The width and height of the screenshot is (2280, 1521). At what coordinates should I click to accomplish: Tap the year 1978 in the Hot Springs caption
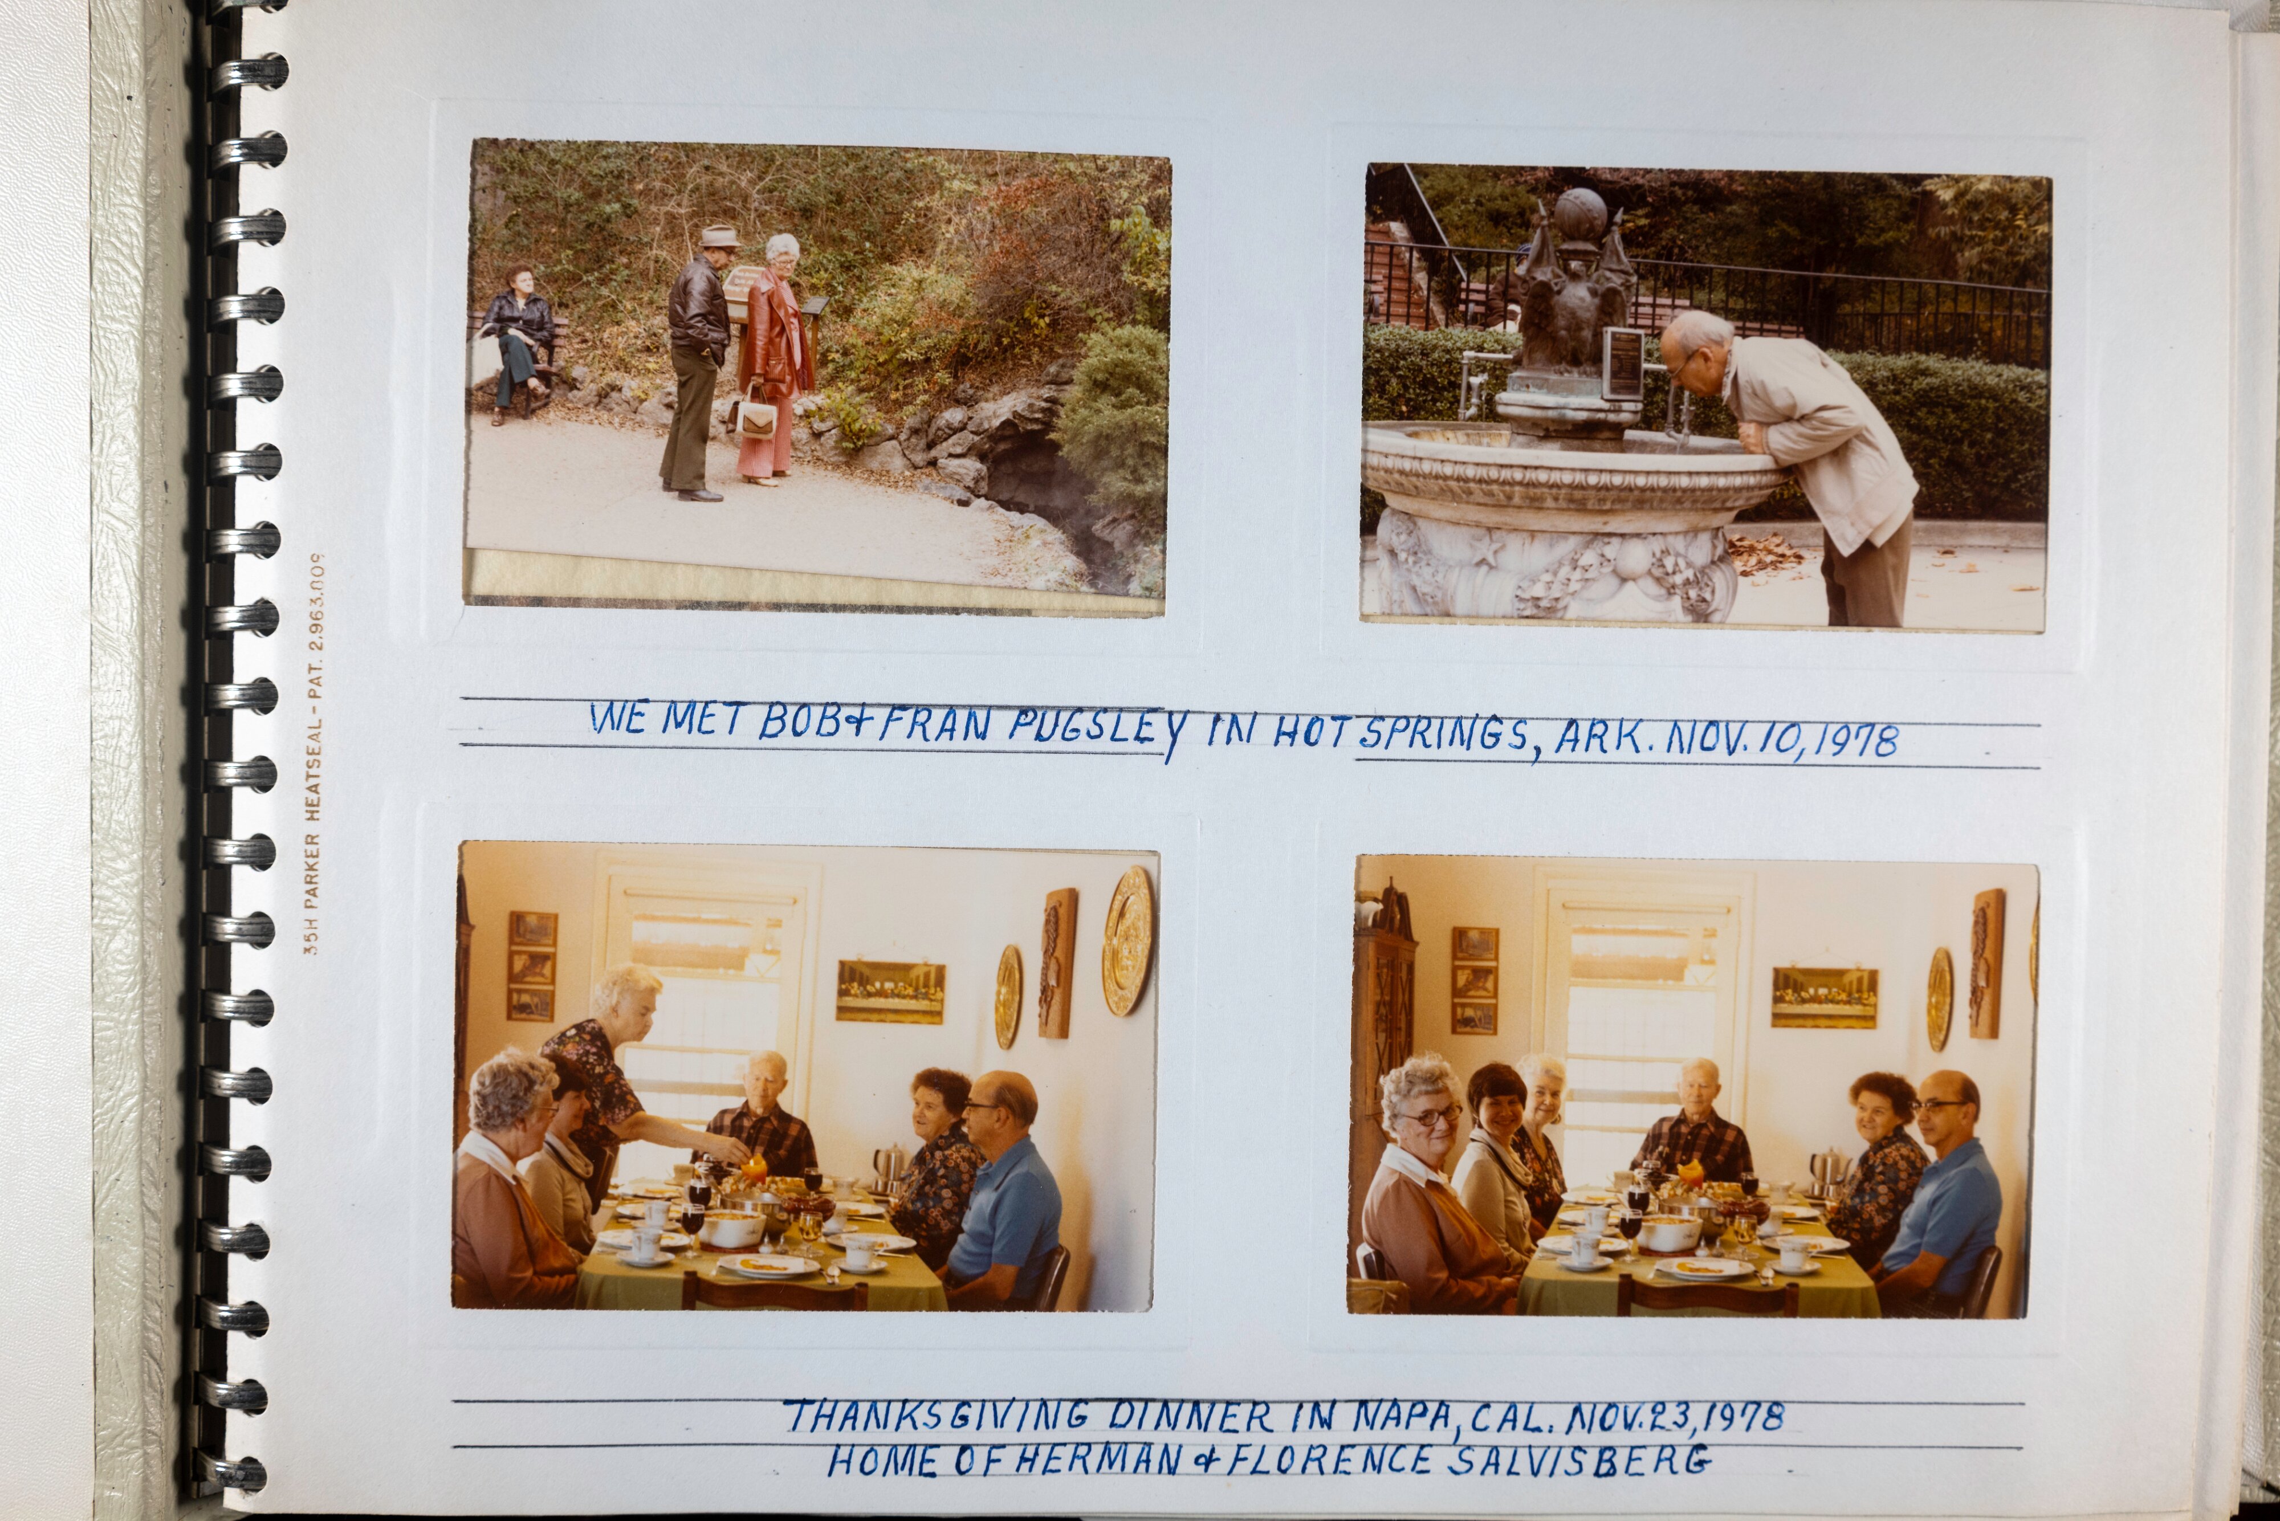coord(1856,741)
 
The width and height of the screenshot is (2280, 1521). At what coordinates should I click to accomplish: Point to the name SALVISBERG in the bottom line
coord(1579,1461)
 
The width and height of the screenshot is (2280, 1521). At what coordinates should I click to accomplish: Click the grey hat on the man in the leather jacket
coord(718,236)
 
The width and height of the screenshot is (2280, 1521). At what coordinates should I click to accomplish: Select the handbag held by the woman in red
coord(756,416)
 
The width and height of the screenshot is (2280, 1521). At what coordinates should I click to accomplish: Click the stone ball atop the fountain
coord(1581,213)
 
